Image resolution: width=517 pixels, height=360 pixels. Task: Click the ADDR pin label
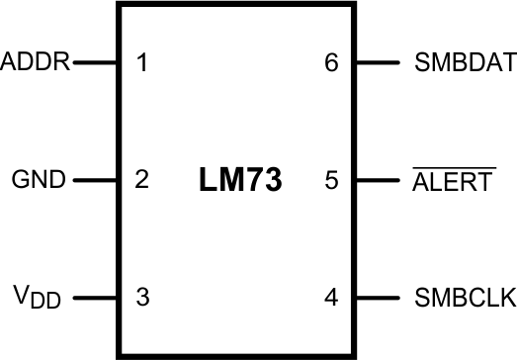tap(36, 63)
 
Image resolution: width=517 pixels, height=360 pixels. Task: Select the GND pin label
tap(39, 180)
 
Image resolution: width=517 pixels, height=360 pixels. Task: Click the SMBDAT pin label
tap(466, 63)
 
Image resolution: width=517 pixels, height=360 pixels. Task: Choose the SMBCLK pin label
tap(466, 296)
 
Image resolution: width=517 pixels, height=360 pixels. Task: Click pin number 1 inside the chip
tap(142, 63)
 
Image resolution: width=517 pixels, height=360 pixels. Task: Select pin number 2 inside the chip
tap(142, 180)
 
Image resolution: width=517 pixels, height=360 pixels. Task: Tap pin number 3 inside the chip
tap(142, 296)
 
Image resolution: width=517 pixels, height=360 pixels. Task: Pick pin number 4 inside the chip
tap(332, 296)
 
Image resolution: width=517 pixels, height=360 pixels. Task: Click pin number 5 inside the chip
tap(332, 180)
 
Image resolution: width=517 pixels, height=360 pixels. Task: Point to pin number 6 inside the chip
tap(332, 63)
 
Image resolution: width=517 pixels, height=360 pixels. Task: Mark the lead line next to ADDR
tap(96, 63)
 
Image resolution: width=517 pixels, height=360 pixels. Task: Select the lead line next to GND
tap(96, 180)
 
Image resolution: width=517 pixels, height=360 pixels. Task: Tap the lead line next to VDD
tap(96, 296)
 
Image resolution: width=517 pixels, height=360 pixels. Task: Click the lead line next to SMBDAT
tap(377, 63)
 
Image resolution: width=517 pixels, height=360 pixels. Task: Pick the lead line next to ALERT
tap(377, 180)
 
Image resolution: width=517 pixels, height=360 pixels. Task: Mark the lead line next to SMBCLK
tap(377, 296)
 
